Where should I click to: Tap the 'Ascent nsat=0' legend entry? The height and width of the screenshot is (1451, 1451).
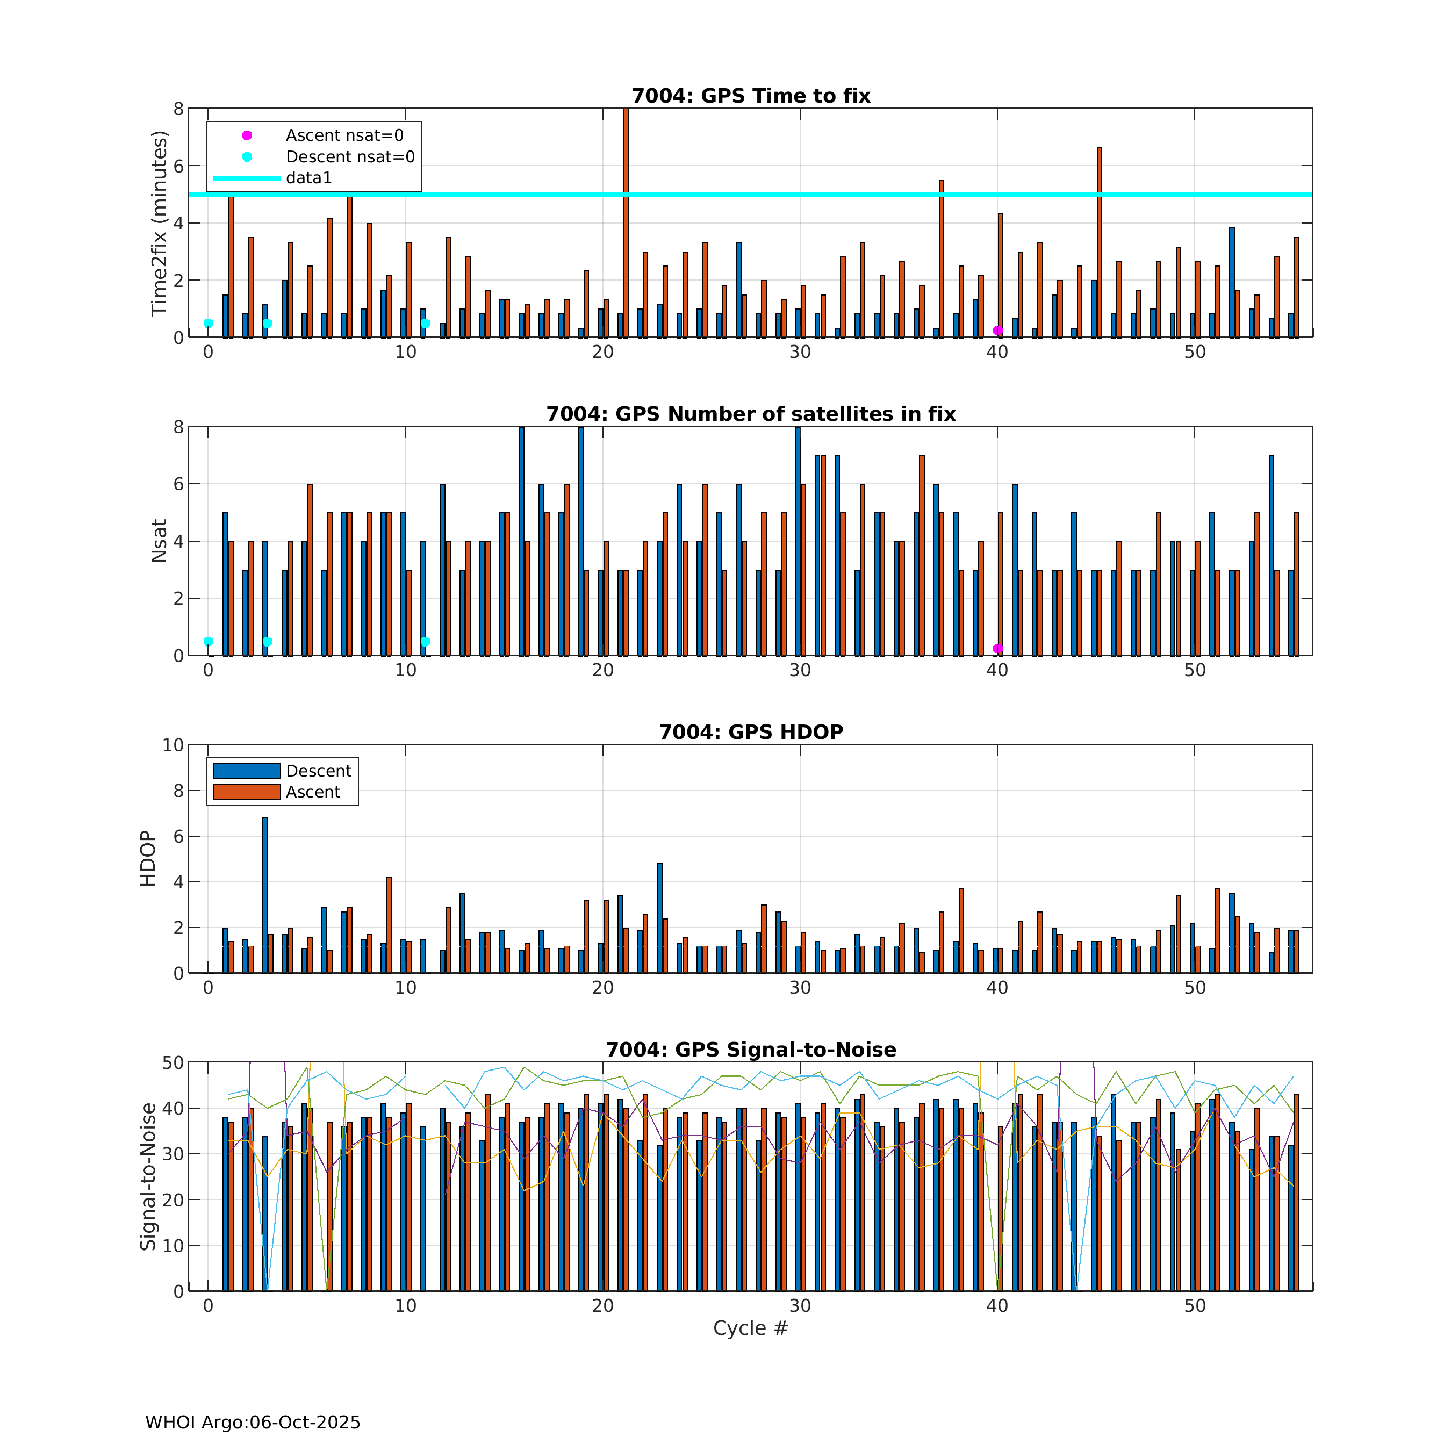344,135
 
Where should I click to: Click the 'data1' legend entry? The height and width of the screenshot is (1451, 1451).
308,178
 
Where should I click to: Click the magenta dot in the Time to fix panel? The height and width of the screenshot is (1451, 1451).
997,331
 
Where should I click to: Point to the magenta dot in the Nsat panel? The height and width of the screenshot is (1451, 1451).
997,648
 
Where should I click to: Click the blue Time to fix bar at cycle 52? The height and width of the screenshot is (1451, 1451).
1232,282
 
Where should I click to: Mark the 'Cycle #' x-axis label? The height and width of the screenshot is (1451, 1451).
750,1328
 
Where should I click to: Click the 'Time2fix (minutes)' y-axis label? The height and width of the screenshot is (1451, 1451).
159,223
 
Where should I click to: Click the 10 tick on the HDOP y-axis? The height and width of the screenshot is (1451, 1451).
173,745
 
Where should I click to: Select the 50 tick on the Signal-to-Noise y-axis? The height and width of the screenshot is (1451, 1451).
173,1062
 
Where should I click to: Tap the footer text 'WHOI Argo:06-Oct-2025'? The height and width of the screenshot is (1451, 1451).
253,1423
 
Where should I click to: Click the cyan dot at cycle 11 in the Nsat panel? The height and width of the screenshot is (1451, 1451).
425,641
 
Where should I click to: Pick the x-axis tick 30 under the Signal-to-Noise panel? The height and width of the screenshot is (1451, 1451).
800,1306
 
